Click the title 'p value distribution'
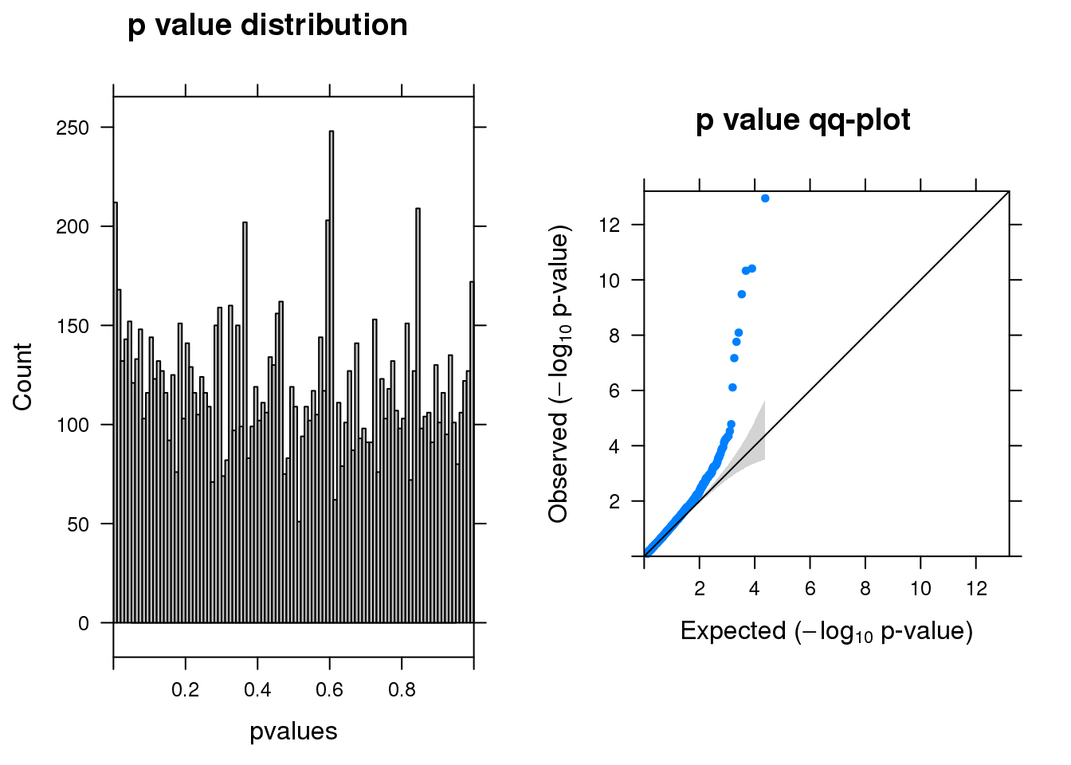[267, 25]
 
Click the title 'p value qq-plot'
[802, 120]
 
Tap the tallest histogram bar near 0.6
[331, 375]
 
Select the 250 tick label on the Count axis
[73, 127]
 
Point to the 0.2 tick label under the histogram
[185, 690]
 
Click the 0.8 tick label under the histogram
[402, 690]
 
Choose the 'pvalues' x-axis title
[293, 732]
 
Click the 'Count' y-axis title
[22, 377]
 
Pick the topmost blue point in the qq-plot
[765, 198]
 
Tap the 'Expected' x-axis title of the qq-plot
[826, 631]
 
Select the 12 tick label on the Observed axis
[610, 225]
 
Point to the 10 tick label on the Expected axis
[920, 589]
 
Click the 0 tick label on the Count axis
[84, 624]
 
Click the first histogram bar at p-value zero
[116, 414]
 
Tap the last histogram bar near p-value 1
[472, 454]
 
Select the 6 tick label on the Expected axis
[810, 589]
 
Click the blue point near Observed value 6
[732, 387]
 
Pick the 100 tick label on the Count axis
[73, 425]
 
